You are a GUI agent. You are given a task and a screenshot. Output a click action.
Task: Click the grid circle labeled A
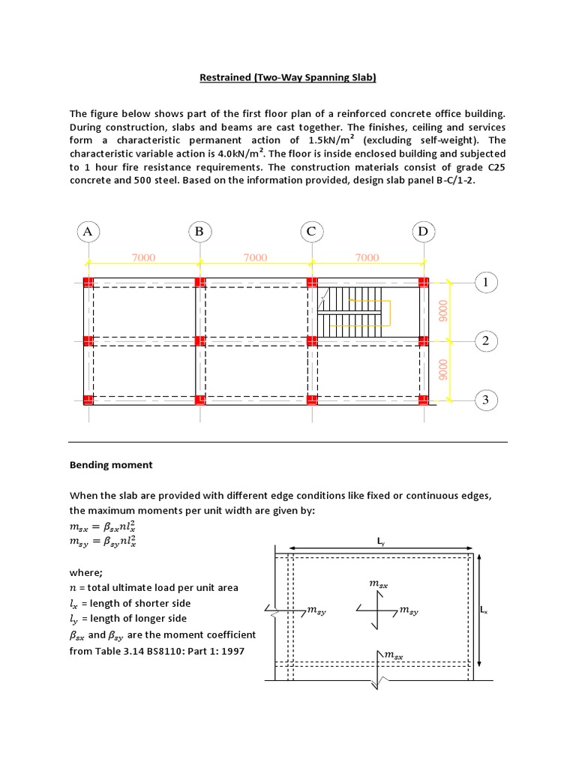tap(88, 232)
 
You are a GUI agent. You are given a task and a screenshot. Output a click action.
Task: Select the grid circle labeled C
tap(311, 232)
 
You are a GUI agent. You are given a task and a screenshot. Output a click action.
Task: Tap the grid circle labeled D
tap(423, 232)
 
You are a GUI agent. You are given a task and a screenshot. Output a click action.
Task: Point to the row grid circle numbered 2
tap(485, 341)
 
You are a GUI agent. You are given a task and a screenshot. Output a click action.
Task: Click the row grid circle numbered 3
tap(485, 400)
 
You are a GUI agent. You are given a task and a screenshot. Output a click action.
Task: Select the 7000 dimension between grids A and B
tap(144, 257)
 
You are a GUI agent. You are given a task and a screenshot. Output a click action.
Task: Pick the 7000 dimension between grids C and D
tap(367, 257)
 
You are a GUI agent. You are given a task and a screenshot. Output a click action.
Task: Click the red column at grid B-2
tap(199, 340)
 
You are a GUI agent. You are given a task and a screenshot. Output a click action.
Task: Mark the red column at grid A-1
tap(88, 282)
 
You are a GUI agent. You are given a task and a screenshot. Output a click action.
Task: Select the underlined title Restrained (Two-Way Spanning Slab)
tap(287, 77)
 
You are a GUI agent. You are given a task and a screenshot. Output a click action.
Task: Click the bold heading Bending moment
tap(111, 464)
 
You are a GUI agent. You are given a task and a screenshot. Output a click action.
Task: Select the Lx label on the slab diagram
tap(484, 610)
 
